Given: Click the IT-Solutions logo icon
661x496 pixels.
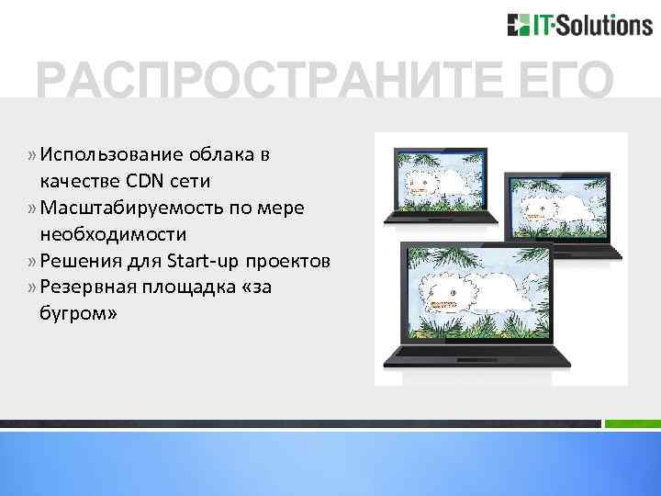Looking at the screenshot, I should pos(518,25).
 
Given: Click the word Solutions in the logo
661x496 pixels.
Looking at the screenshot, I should pos(606,25).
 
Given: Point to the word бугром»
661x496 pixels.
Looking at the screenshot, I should pos(79,314).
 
